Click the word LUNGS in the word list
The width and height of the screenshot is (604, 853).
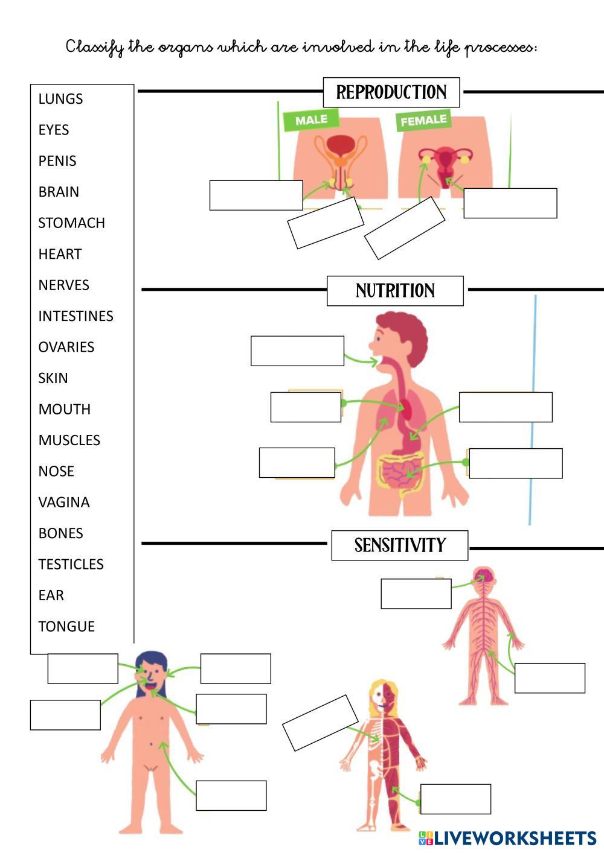[60, 99]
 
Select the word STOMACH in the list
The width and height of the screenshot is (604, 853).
[71, 223]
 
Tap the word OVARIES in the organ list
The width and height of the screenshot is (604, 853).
[66, 347]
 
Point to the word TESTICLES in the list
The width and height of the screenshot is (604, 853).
[71, 565]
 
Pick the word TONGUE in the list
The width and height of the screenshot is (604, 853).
[66, 627]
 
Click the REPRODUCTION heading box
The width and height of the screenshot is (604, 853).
[391, 92]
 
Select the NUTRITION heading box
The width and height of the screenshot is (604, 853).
[395, 291]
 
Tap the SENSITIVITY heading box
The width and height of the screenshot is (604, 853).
[399, 545]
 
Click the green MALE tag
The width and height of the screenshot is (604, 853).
[311, 120]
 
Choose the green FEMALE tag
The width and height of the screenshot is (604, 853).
[424, 120]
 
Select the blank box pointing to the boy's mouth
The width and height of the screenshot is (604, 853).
[297, 351]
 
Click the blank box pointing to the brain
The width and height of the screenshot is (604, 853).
[416, 594]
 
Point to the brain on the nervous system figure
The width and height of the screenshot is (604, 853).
[484, 576]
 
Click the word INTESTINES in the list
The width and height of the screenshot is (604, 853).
[75, 316]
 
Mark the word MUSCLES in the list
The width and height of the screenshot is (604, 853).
[69, 440]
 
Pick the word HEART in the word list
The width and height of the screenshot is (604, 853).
[60, 255]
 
